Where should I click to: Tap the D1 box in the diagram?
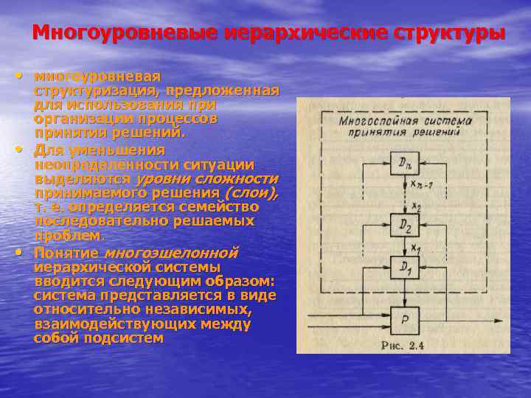[x=400, y=268]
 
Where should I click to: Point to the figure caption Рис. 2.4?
[x=401, y=344]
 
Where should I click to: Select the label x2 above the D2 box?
[x=417, y=206]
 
